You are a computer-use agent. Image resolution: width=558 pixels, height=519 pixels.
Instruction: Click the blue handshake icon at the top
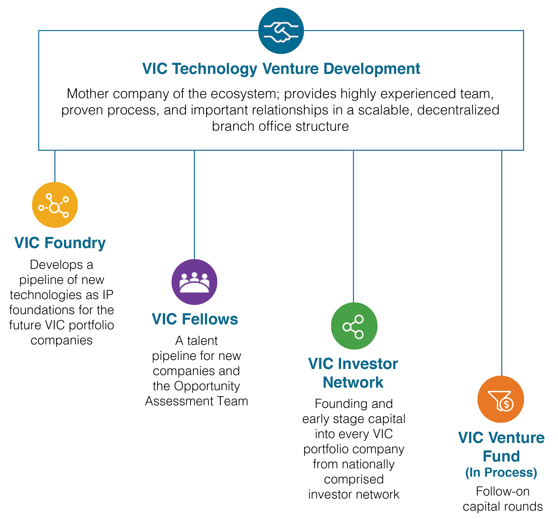click(x=281, y=31)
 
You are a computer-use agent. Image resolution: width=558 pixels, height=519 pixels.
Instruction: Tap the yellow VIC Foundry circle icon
click(x=55, y=205)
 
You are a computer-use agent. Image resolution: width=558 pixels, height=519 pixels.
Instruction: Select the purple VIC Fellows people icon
click(x=194, y=282)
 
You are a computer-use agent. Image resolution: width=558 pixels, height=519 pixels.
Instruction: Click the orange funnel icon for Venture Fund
click(x=501, y=399)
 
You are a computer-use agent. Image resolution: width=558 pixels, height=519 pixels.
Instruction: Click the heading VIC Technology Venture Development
click(x=281, y=69)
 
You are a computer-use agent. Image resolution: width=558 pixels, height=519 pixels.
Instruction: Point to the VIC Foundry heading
click(x=60, y=243)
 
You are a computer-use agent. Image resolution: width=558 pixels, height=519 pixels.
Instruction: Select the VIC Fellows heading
click(x=195, y=319)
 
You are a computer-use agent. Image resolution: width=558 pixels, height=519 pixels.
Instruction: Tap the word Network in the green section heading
click(x=353, y=382)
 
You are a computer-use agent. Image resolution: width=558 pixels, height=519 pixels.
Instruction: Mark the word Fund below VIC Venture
click(x=501, y=456)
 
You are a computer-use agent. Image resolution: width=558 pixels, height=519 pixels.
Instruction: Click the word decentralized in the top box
click(x=458, y=110)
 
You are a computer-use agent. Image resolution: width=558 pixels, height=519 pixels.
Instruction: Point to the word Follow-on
click(x=503, y=492)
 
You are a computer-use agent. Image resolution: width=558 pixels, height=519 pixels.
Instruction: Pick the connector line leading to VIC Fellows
click(x=194, y=205)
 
